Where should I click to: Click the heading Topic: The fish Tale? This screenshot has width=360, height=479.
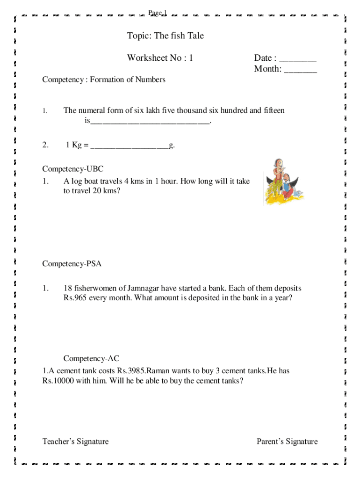(x=165, y=36)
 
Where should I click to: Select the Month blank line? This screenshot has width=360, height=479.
(x=300, y=71)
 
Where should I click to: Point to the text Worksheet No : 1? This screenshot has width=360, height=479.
(x=160, y=58)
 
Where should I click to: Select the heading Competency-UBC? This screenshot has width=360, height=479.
(x=72, y=169)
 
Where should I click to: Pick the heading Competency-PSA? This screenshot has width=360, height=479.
(x=72, y=264)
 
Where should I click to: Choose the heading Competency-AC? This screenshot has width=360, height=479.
(x=92, y=359)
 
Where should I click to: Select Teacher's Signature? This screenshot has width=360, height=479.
(x=75, y=442)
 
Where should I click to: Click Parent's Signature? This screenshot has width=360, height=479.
(x=287, y=442)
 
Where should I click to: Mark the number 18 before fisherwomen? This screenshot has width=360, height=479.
(x=68, y=288)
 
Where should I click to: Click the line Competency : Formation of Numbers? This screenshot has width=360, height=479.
(x=104, y=80)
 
